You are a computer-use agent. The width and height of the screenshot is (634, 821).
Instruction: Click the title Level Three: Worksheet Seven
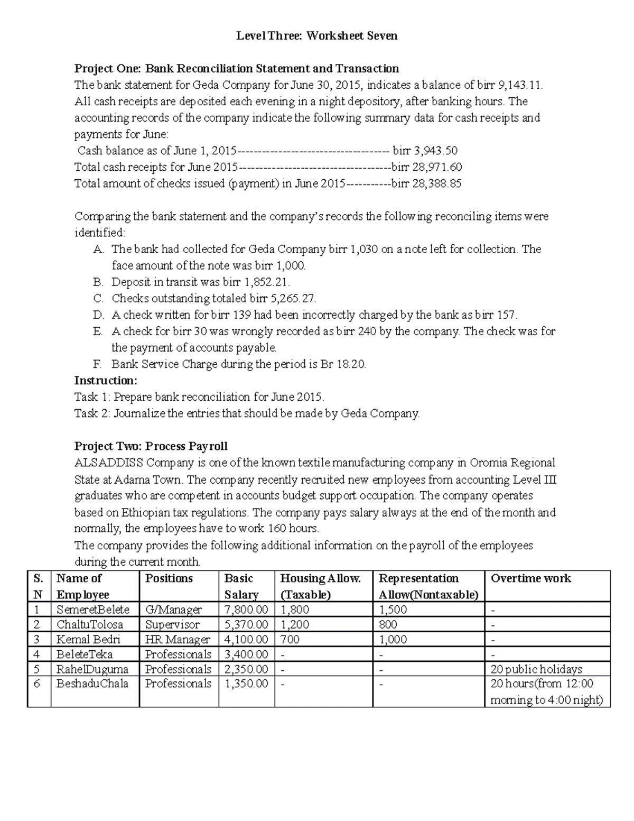coord(316,36)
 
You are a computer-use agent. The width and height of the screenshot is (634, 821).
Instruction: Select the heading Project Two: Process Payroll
coord(151,446)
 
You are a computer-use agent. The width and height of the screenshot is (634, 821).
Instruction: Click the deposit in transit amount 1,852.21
coord(267,282)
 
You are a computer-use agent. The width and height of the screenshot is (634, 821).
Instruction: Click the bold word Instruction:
coord(106,381)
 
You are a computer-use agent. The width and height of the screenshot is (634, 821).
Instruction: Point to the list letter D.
coord(98,315)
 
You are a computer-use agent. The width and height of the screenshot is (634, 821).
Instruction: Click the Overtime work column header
coord(531,578)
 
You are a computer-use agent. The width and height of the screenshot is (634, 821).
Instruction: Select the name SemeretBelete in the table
coord(93,610)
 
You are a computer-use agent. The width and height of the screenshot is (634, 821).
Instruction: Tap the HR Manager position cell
coord(178,640)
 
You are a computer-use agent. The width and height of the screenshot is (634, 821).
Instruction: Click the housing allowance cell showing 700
coord(290,640)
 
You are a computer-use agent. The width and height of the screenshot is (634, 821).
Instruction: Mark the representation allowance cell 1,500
coord(393,610)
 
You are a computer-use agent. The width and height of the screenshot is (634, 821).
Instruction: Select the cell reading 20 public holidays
coord(536,669)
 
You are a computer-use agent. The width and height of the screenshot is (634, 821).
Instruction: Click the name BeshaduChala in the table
coord(92,684)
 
